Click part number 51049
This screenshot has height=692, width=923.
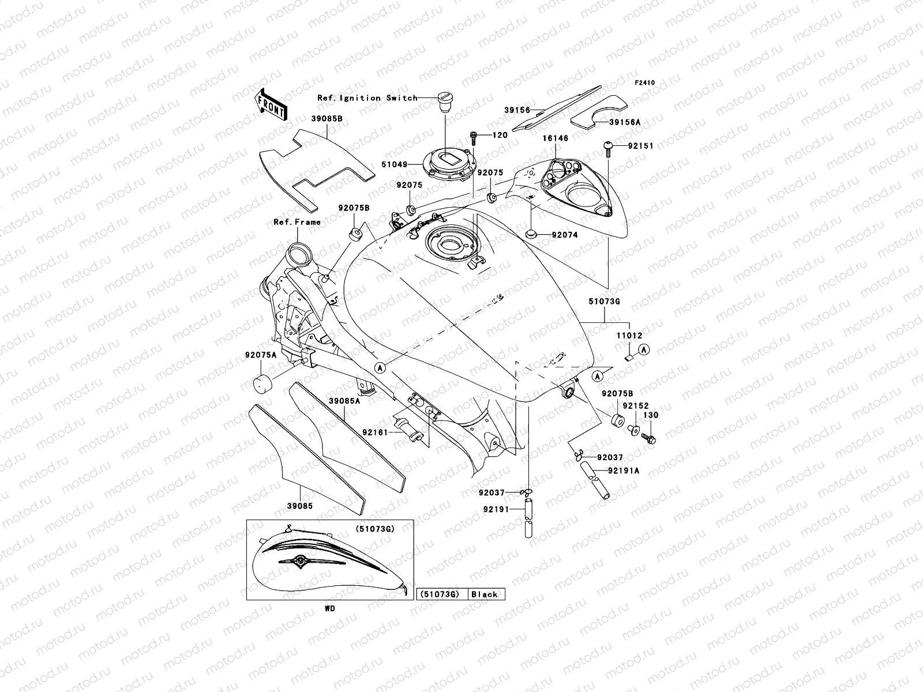coord(394,164)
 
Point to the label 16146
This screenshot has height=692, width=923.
coord(555,138)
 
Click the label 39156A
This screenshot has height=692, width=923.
coord(625,122)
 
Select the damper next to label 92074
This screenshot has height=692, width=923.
coord(530,234)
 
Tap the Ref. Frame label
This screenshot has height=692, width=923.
coord(297,222)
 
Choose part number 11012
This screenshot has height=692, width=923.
coord(628,336)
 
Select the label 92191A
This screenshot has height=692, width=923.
coord(624,471)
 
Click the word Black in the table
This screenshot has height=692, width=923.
coord(485,595)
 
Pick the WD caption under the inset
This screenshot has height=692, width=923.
coord(329,608)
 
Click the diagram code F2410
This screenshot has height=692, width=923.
coord(645,83)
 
